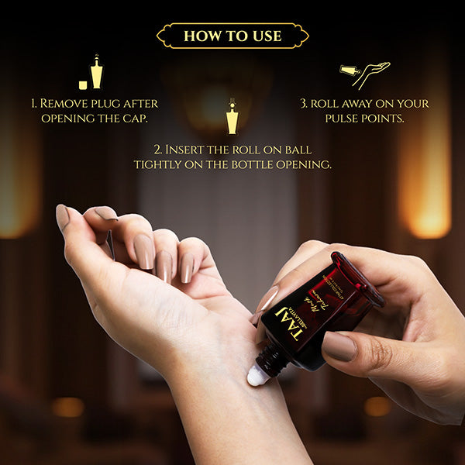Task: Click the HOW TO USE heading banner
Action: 232,36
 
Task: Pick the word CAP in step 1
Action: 136,119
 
